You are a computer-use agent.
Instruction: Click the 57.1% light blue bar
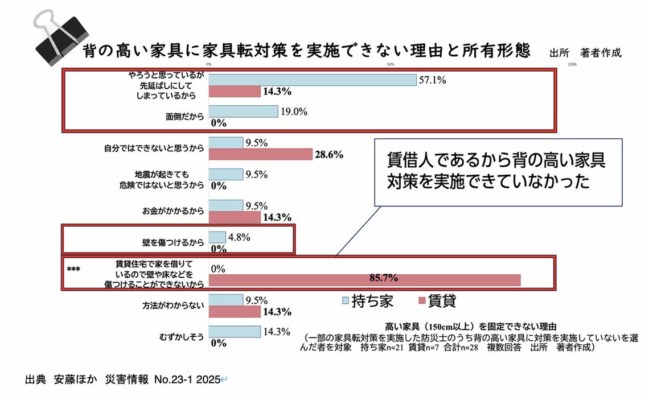pos(313,80)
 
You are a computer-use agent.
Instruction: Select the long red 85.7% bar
pos(364,280)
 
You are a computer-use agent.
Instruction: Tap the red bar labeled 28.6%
pos(261,154)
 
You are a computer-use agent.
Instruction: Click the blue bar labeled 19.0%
pos(244,112)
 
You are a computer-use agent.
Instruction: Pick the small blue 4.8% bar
pos(217,237)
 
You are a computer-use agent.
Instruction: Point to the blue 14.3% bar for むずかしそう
pos(235,332)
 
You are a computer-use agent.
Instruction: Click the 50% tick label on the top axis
pos(391,64)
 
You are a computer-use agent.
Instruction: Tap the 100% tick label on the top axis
pos(572,64)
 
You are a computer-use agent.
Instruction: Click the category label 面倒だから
pos(181,117)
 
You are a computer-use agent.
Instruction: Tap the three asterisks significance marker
pos(72,270)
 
